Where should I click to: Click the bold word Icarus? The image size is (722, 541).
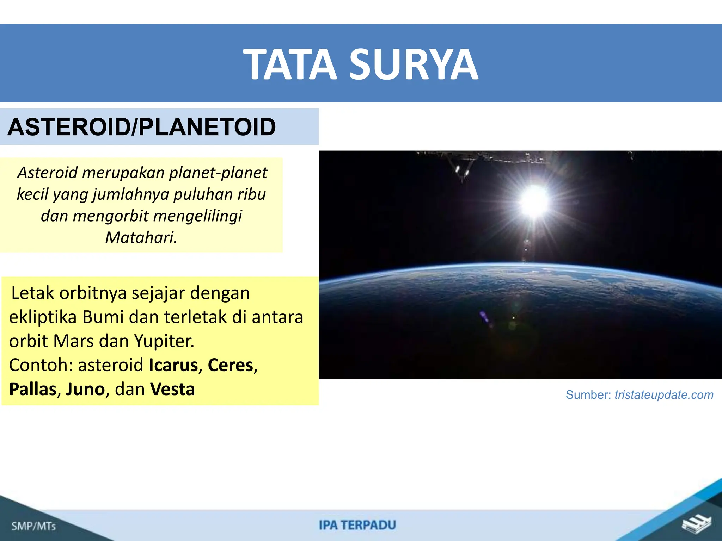pos(173,365)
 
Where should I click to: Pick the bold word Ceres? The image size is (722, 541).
pos(231,365)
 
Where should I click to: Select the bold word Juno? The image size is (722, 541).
pos(85,389)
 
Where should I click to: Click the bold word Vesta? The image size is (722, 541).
pos(172,389)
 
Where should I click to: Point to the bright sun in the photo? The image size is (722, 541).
pos(535,200)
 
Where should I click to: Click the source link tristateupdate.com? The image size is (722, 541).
pos(664,395)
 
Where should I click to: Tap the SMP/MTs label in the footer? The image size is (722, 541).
pos(33,526)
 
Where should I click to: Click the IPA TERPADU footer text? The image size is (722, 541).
pos(357,525)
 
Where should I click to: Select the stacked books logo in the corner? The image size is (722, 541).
pos(696,525)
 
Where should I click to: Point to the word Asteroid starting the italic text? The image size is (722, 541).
pos(47,173)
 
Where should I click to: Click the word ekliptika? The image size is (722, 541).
pos(43,317)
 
